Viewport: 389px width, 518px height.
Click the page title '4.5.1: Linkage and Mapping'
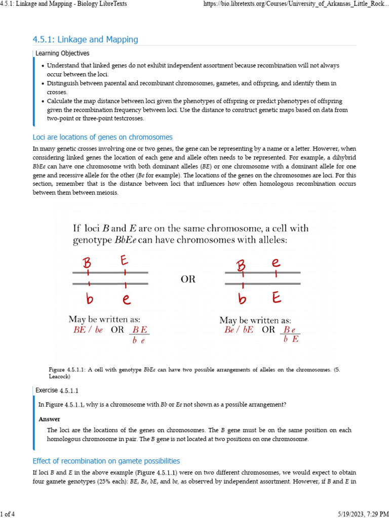tap(85, 39)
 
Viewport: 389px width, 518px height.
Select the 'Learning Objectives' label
tap(63, 53)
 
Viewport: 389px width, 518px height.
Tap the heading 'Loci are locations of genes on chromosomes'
tap(102, 137)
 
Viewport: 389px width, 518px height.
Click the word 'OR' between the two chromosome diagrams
tap(187, 279)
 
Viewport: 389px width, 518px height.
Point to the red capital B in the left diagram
tap(87, 263)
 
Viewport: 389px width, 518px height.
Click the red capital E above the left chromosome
tap(125, 261)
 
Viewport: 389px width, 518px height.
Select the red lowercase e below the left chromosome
tap(126, 299)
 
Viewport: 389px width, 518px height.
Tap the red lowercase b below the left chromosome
tap(90, 299)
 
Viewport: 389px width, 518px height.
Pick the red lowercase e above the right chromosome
tap(276, 263)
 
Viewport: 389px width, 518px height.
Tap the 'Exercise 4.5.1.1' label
tap(57, 390)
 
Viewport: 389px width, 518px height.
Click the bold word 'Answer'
tap(49, 419)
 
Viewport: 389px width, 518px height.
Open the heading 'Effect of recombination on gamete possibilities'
tap(106, 461)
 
